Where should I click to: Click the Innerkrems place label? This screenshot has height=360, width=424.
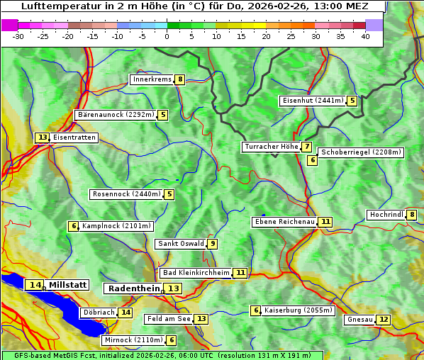coord(152,79)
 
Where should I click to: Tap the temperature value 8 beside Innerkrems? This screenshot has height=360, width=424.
coord(180,79)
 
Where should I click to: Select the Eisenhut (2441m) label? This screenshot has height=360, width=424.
coord(312,101)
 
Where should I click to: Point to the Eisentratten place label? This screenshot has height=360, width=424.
coord(74,137)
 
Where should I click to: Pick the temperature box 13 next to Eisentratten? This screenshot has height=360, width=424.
coord(43,137)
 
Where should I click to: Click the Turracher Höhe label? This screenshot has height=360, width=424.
coord(271,147)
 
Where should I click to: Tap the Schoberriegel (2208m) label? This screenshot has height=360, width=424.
coord(361,152)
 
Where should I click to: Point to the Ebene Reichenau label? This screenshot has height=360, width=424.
coord(284,222)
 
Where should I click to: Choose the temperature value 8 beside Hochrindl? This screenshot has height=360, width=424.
coord(412,215)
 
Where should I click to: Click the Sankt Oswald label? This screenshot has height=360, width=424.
coord(181,244)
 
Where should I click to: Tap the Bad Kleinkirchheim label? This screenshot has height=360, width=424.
coord(196,273)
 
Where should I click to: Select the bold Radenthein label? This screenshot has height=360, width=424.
coord(134,288)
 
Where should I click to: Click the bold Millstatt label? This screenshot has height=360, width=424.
coord(68,285)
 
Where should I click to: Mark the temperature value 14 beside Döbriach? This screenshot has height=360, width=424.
coord(125,312)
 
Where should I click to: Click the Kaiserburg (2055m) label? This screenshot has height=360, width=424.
coord(298,310)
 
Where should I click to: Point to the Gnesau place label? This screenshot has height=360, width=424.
coord(359,320)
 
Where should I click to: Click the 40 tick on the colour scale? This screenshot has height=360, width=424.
coord(365,36)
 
